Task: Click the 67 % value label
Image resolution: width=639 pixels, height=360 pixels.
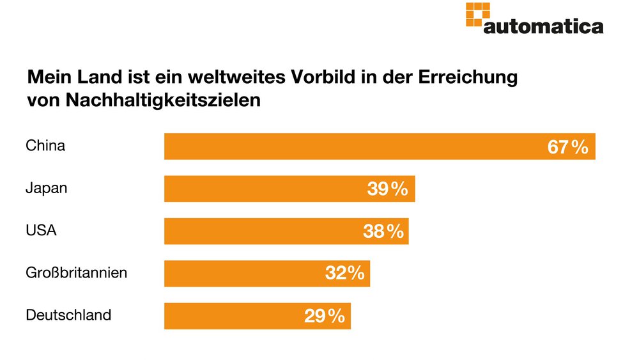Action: point(567,147)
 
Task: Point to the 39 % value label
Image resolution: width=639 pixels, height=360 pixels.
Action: point(387,189)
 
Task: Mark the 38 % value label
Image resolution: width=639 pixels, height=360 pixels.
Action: point(383,231)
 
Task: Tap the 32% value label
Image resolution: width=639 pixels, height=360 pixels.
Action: point(344,274)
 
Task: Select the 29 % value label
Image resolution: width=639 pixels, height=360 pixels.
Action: point(325,316)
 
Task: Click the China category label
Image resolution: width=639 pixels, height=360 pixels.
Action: point(45,146)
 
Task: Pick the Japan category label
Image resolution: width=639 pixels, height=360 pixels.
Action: point(47,188)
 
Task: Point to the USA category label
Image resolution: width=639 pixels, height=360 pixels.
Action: point(41,230)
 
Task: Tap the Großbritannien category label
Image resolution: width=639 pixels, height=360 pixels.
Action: point(76,272)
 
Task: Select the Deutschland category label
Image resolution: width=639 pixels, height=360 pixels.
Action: point(68,315)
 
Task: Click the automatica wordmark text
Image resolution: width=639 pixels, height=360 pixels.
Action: point(543,26)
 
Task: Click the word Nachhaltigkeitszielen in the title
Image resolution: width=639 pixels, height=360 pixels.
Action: point(164,100)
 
